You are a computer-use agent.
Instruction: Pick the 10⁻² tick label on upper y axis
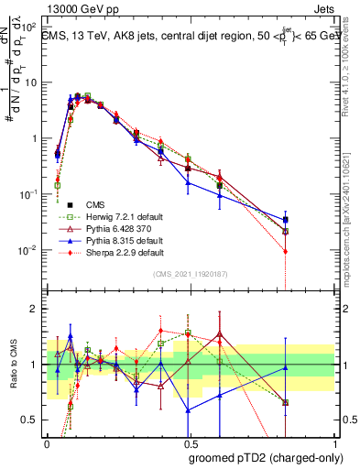pyautogui.click(x=30, y=250)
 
